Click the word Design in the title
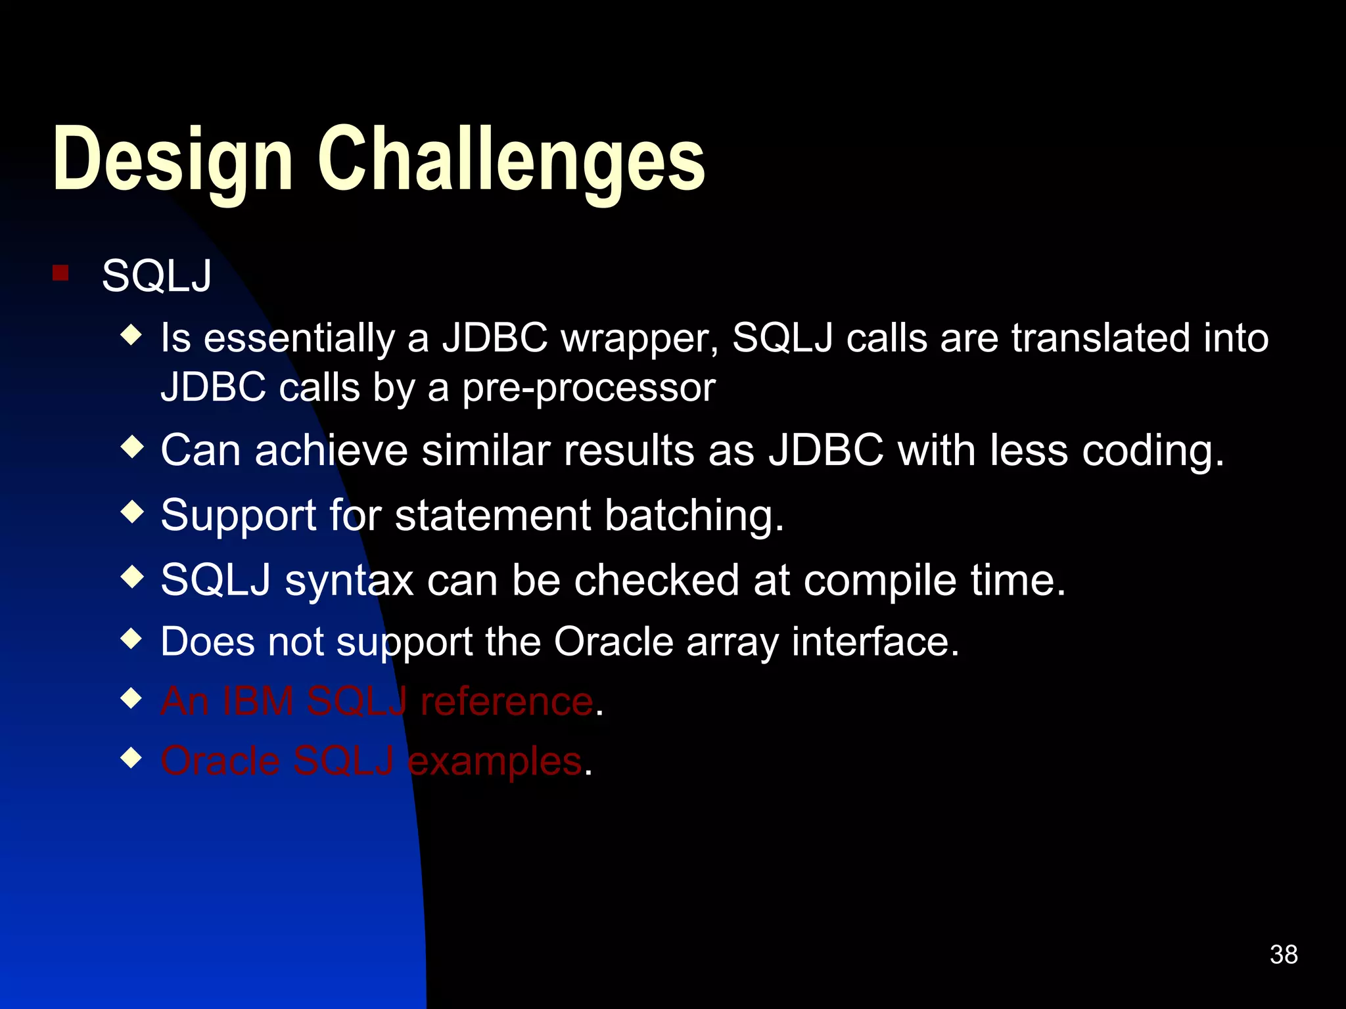[172, 160]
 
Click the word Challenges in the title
[511, 160]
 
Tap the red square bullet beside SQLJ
[60, 273]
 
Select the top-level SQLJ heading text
[156, 276]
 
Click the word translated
[1101, 339]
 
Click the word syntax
[349, 581]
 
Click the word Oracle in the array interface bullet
[613, 642]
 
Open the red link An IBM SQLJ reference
[377, 702]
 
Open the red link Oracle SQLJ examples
[371, 762]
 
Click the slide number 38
[1283, 954]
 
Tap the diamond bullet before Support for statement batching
[132, 512]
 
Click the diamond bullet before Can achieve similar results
[132, 448]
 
